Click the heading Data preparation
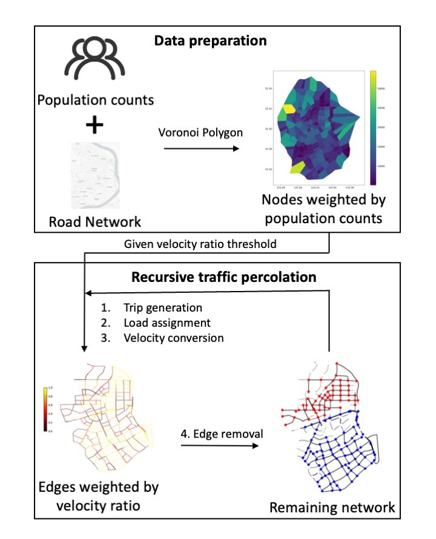point(210,41)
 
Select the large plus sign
point(94,125)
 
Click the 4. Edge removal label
point(216,434)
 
